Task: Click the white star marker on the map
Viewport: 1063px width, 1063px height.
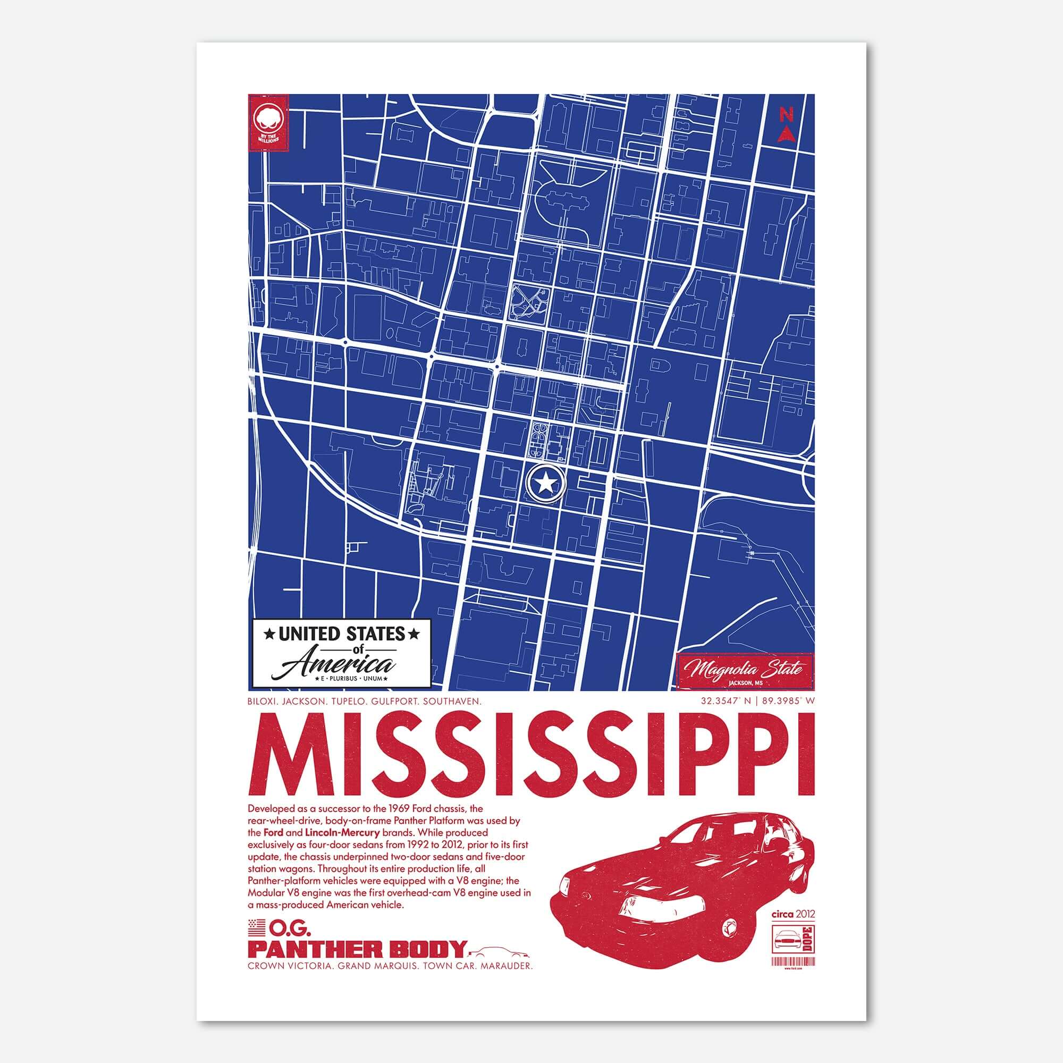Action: pyautogui.click(x=545, y=483)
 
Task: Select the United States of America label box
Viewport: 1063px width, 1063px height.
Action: pyautogui.click(x=340, y=654)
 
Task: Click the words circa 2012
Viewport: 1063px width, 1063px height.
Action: pyautogui.click(x=794, y=914)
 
